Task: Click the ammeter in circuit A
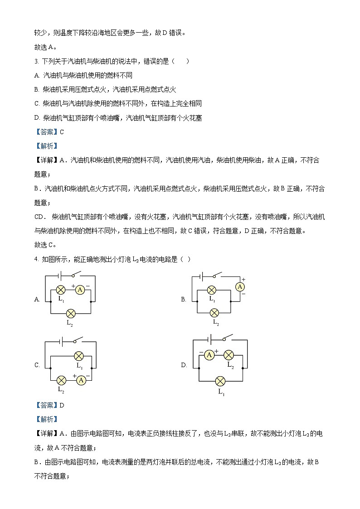[80, 289]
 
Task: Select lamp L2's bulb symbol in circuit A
[70, 313]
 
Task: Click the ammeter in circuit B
[240, 287]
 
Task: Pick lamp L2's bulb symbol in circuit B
[214, 313]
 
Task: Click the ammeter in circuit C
[81, 380]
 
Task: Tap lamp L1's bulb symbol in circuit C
[79, 356]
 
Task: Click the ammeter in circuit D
[209, 355]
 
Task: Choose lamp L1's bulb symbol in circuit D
[221, 380]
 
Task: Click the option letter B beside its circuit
[184, 299]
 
